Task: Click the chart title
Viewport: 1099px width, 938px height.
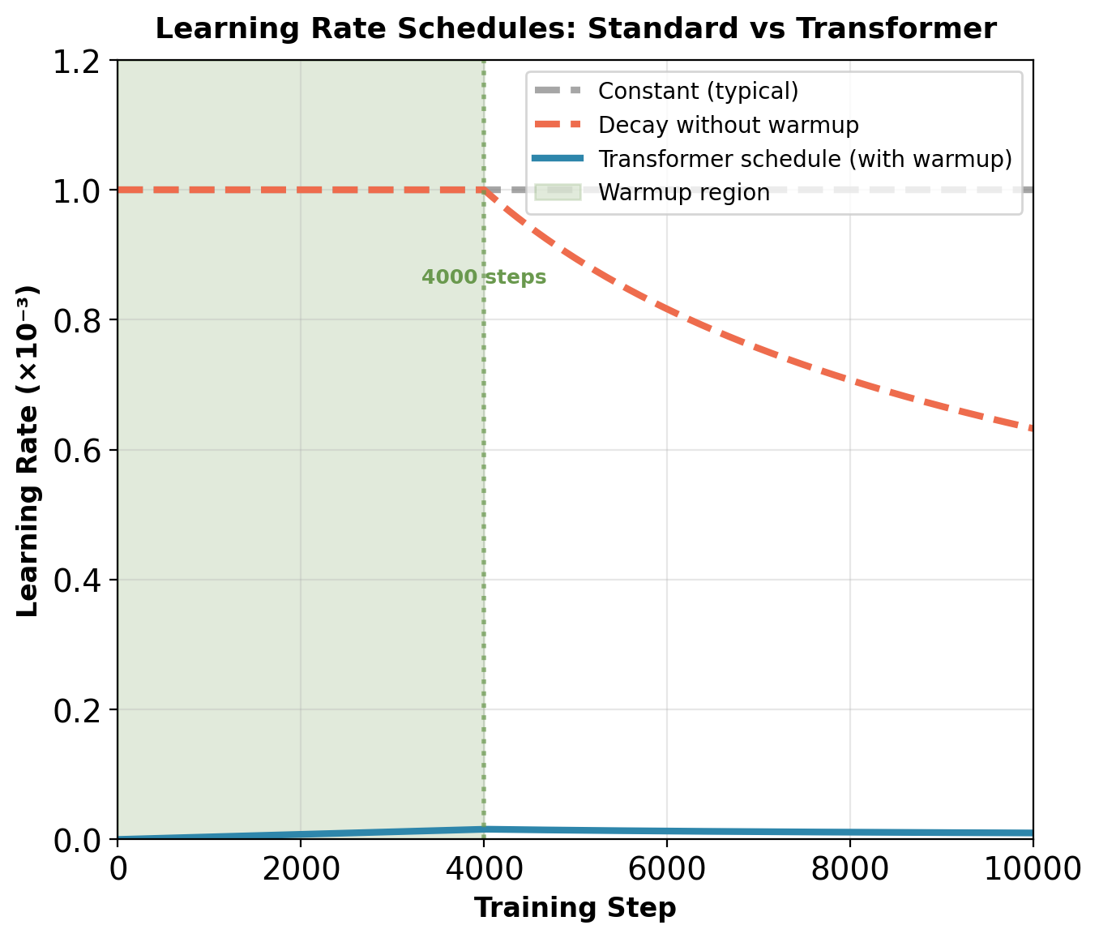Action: pyautogui.click(x=575, y=29)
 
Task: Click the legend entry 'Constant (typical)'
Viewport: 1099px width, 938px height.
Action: pyautogui.click(x=698, y=91)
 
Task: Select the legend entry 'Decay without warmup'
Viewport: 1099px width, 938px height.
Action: pyautogui.click(x=728, y=125)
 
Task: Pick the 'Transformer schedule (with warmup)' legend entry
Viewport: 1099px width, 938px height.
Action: pyautogui.click(x=805, y=159)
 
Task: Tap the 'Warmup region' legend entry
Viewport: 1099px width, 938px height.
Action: pyautogui.click(x=683, y=193)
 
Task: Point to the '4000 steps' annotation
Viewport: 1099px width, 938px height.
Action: pyautogui.click(x=484, y=277)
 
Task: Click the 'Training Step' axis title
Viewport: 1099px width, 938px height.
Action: pyautogui.click(x=575, y=908)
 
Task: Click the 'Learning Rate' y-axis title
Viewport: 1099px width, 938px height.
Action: pyautogui.click(x=28, y=450)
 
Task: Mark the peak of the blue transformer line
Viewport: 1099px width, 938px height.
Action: pyautogui.click(x=484, y=829)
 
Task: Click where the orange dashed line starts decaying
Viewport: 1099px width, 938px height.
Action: pyautogui.click(x=484, y=190)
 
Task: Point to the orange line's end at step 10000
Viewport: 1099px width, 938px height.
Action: pyautogui.click(x=1032, y=429)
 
